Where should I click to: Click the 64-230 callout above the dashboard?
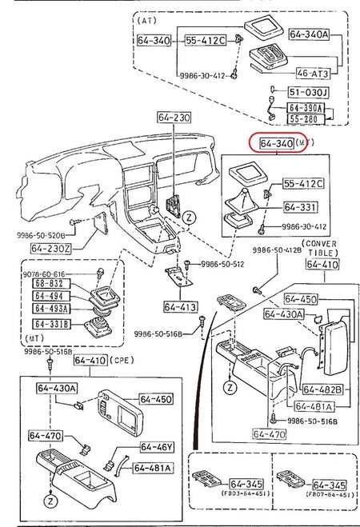point(171,118)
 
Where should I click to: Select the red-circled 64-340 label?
point(272,143)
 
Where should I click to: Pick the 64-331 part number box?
point(300,206)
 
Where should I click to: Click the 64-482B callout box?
point(322,389)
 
